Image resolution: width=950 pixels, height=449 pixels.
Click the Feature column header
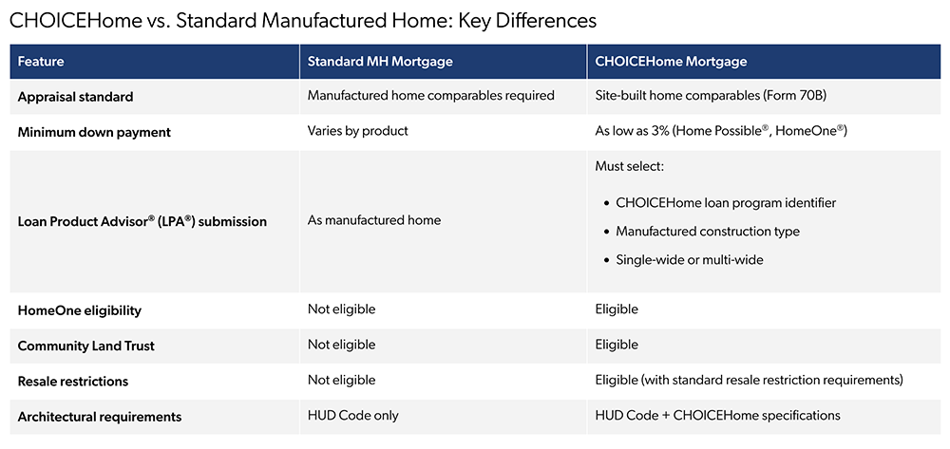click(x=41, y=62)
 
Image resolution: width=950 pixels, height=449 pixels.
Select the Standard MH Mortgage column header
click(x=380, y=62)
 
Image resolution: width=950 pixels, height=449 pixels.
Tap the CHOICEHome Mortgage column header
click(x=671, y=62)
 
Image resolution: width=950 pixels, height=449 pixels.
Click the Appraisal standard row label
click(x=75, y=97)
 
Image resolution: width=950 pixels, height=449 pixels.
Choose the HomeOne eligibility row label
click(x=80, y=311)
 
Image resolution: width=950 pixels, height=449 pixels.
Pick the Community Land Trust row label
click(x=86, y=346)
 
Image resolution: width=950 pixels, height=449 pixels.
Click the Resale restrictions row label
click(x=73, y=382)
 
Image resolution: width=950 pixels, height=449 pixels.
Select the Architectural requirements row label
click(x=100, y=418)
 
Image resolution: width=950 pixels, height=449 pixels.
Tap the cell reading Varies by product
click(x=356, y=132)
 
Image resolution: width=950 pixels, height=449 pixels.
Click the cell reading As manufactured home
click(x=373, y=220)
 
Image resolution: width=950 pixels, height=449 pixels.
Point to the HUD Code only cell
click(x=353, y=417)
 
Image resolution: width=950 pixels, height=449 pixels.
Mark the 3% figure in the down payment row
click(x=661, y=132)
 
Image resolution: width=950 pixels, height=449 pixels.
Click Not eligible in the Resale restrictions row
click(x=342, y=381)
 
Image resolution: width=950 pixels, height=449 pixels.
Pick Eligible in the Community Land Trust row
click(x=617, y=346)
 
